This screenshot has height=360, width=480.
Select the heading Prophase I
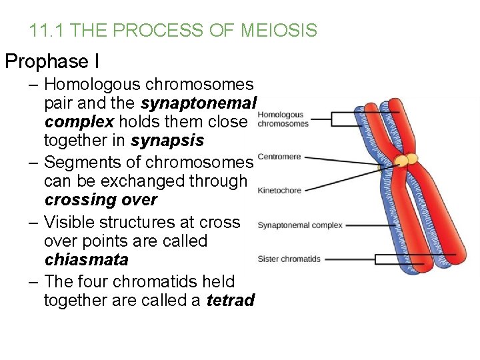pyautogui.click(x=52, y=62)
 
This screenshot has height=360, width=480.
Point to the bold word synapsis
pyautogui.click(x=168, y=141)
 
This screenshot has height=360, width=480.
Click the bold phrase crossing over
pyautogui.click(x=101, y=200)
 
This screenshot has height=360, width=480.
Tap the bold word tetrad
pyautogui.click(x=231, y=301)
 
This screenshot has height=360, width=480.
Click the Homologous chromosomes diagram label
pyautogui.click(x=283, y=119)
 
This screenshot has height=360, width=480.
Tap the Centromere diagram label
pyautogui.click(x=279, y=157)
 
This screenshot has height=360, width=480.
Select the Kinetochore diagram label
pyautogui.click(x=279, y=190)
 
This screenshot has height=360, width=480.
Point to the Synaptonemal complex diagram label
pyautogui.click(x=300, y=225)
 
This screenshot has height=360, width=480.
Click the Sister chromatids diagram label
pyautogui.click(x=289, y=259)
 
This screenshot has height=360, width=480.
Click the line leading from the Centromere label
pyautogui.click(x=347, y=159)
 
